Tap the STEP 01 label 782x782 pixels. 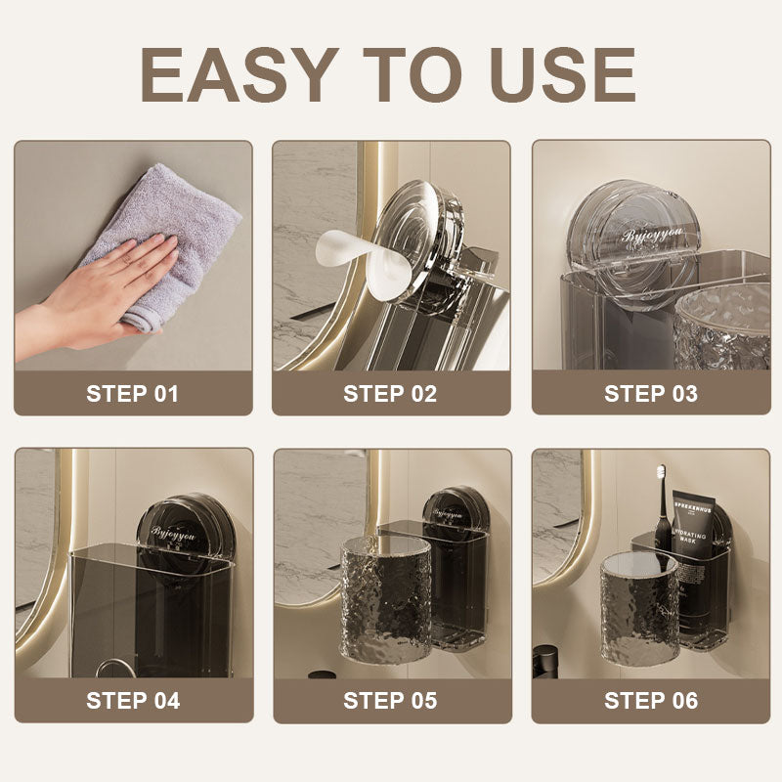[133, 394]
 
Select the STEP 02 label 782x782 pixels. [390, 394]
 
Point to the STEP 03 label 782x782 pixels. [651, 394]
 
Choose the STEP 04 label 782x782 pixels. [133, 700]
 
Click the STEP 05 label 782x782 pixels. [390, 700]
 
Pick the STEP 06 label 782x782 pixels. [651, 700]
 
